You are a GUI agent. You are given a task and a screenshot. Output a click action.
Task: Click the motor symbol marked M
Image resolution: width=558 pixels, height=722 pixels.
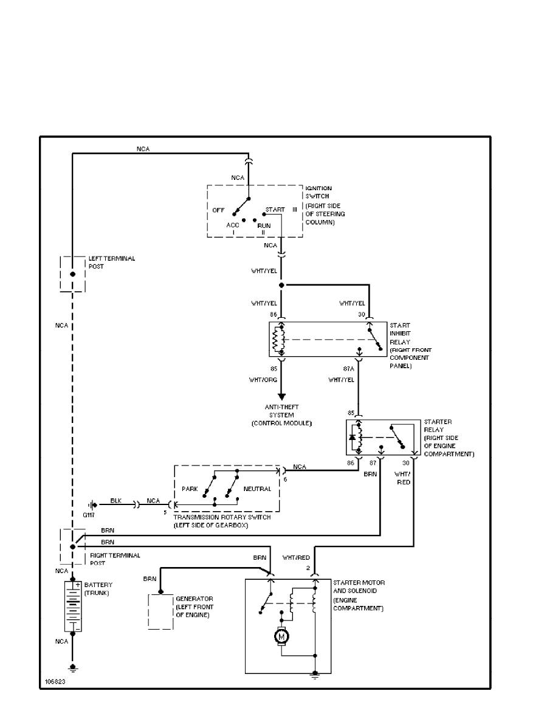(x=282, y=636)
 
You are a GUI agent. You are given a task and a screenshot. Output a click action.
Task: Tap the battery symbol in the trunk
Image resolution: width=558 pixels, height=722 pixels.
(x=72, y=607)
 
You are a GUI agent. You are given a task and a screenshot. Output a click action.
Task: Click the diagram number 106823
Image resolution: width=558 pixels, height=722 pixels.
(x=55, y=682)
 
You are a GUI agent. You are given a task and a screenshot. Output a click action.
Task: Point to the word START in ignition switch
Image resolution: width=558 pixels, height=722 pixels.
(x=275, y=210)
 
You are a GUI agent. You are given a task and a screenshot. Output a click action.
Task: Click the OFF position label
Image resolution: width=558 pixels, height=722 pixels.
(x=219, y=210)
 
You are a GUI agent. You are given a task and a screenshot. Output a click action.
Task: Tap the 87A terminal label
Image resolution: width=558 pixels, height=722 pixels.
(x=348, y=368)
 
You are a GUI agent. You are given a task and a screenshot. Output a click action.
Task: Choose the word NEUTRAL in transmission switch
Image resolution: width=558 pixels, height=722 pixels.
(x=257, y=489)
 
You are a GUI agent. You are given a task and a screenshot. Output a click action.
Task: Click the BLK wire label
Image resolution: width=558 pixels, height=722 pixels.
(x=116, y=500)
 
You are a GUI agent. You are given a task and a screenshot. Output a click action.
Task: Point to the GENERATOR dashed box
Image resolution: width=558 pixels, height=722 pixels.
(x=161, y=611)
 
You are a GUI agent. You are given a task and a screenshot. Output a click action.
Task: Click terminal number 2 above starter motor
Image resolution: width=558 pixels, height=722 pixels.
(x=308, y=568)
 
